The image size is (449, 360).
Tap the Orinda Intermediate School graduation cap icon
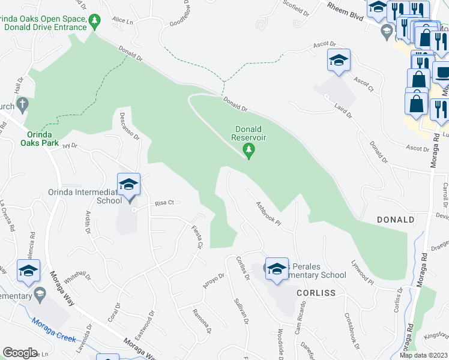click(x=128, y=184)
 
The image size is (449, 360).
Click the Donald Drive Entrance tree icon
click(x=94, y=23)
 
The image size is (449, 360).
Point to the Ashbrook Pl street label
click(x=268, y=212)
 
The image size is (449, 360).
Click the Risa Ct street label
click(x=163, y=203)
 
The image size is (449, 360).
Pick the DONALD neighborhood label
click(x=396, y=220)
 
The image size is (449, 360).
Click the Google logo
click(x=19, y=353)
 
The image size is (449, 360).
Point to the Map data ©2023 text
click(x=424, y=355)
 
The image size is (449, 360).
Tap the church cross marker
click(x=22, y=105)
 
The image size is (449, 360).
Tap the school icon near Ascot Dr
click(x=339, y=61)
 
